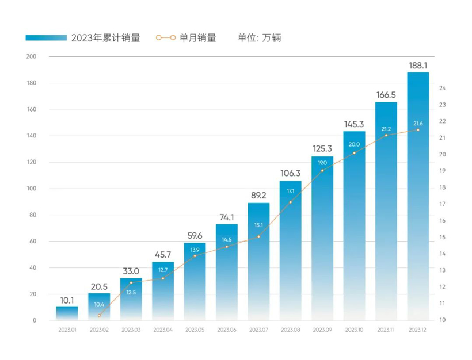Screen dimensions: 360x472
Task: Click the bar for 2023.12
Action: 418,196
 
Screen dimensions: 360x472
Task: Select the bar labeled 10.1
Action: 67,313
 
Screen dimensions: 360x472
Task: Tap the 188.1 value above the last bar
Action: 418,65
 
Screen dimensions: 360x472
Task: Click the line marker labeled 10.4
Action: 99,315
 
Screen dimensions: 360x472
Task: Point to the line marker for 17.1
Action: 290,202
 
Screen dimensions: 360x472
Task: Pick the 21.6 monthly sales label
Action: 418,123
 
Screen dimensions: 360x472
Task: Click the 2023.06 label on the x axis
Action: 226,330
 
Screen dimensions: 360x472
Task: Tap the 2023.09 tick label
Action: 322,330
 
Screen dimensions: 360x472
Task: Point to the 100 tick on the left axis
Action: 31,189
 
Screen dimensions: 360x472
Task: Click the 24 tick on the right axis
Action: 443,88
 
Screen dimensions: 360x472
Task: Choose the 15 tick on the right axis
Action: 443,238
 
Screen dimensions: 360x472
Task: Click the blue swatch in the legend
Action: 45,38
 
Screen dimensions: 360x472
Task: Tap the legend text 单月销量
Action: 199,38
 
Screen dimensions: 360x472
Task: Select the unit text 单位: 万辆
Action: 259,38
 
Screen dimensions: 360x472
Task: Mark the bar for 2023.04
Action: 163,290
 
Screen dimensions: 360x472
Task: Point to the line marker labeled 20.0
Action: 354,153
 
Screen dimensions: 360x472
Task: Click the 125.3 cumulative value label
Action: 322,148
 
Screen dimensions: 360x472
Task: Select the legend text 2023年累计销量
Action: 105,38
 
